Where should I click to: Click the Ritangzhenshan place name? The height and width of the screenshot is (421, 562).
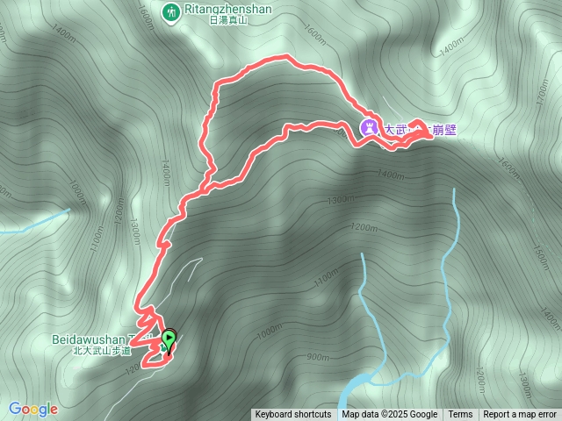[x=228, y=10]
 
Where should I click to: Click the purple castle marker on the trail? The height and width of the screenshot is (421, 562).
[x=370, y=128]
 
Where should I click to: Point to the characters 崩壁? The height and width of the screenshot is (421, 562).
[x=445, y=130]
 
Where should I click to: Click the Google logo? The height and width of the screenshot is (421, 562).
[x=33, y=409]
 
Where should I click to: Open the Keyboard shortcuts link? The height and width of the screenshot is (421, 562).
[x=293, y=415]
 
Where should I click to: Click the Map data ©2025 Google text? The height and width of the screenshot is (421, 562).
[x=390, y=415]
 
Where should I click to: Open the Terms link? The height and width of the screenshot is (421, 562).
[x=460, y=415]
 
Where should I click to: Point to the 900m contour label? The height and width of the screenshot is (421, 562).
[x=318, y=357]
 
